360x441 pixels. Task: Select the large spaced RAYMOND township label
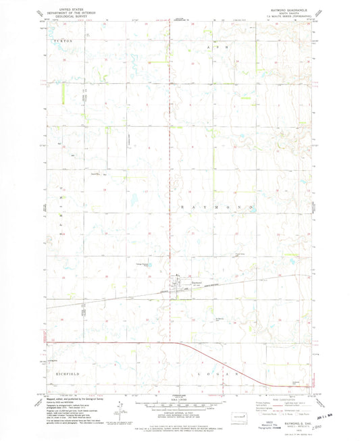(215, 205)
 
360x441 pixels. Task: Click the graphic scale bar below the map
(180, 404)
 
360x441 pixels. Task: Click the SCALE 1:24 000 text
(180, 398)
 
